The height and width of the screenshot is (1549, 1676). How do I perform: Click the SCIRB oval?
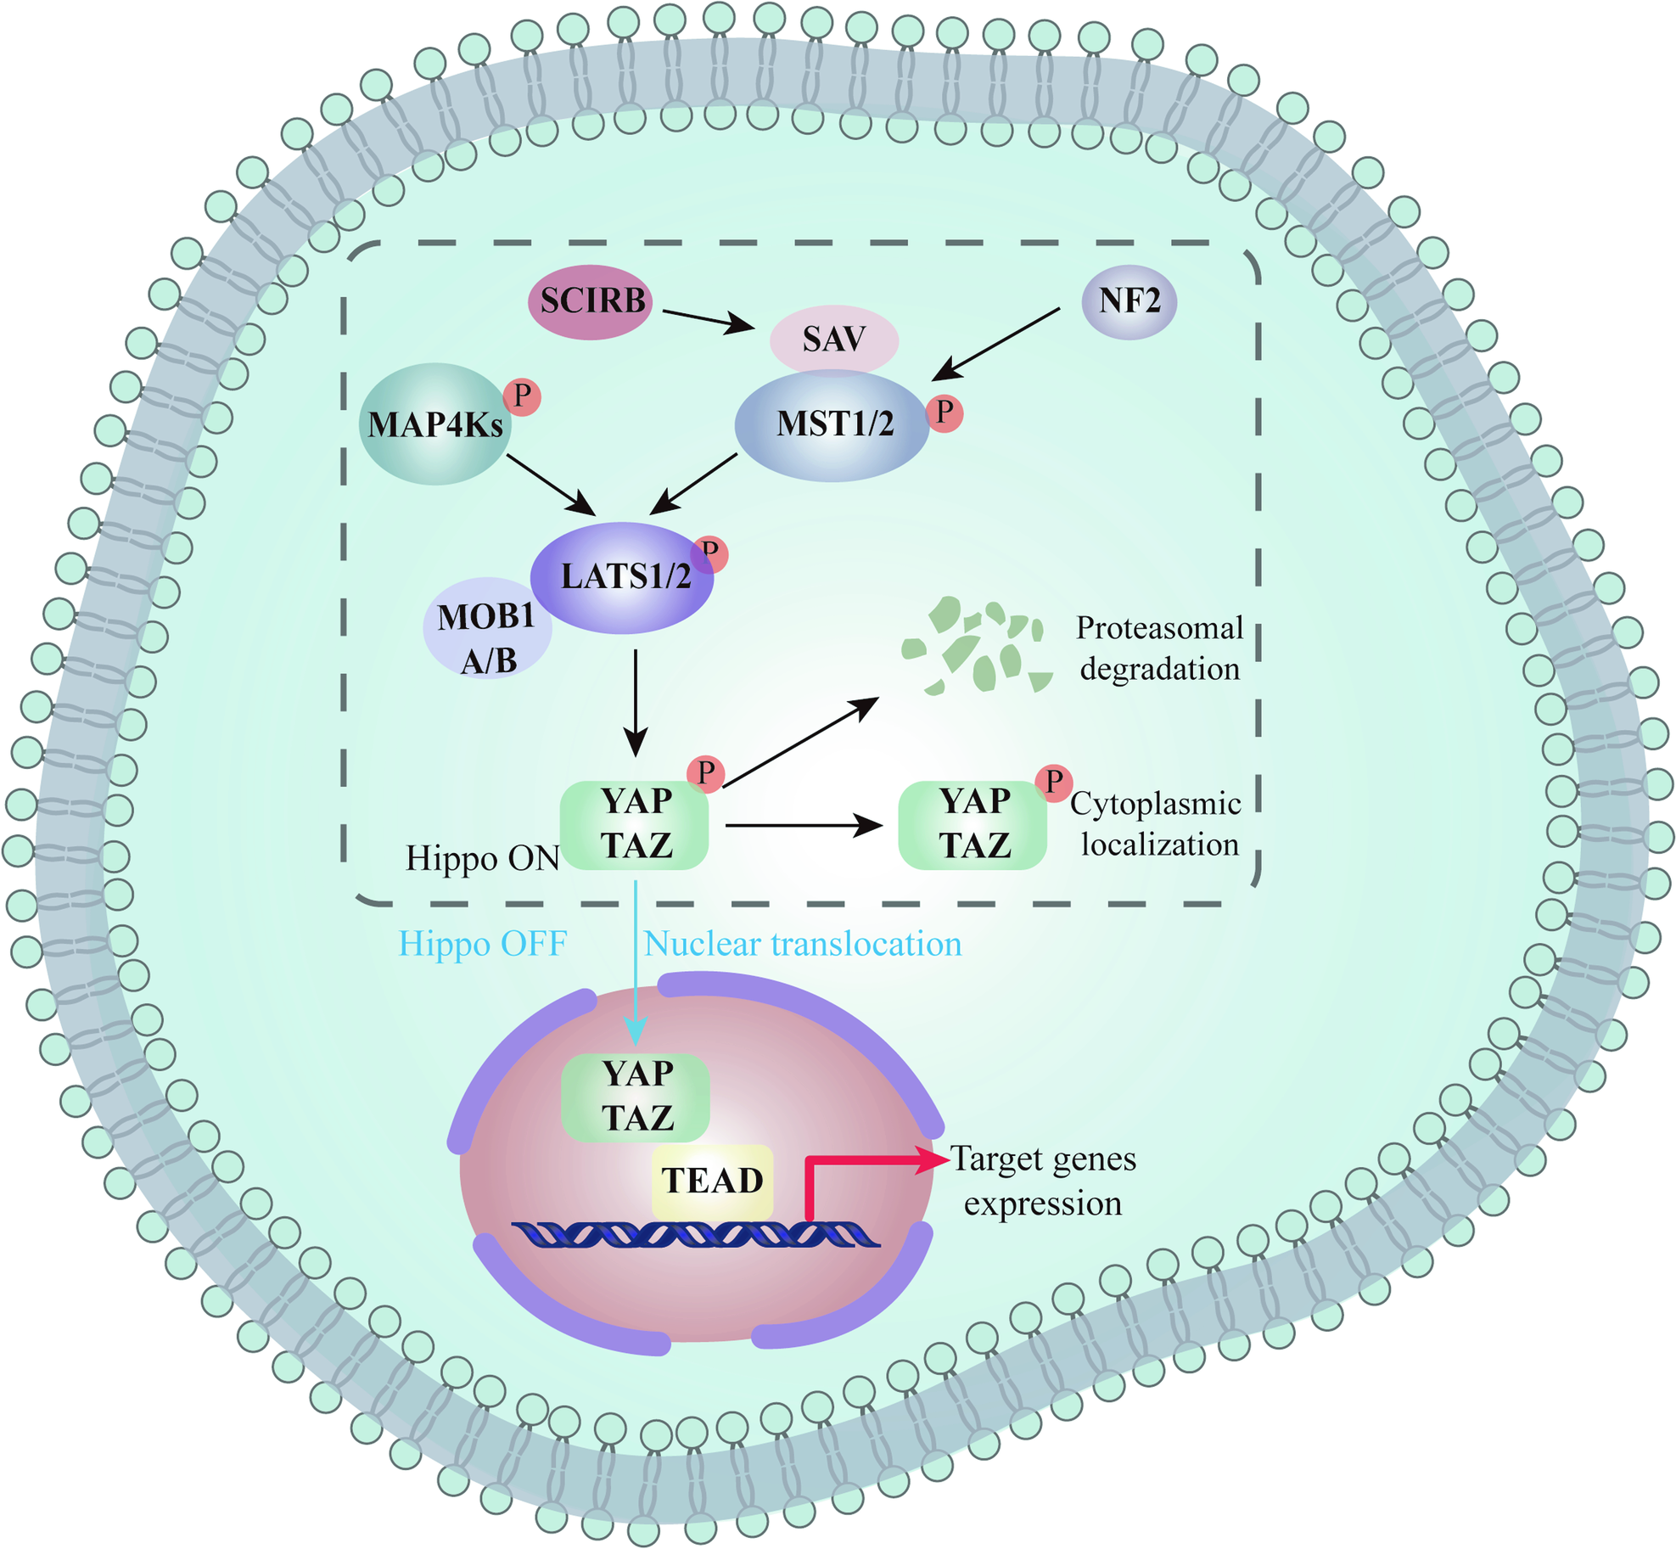[590, 301]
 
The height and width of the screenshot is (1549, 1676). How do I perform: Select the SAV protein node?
[833, 340]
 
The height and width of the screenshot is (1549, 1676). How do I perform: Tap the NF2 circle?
[1129, 300]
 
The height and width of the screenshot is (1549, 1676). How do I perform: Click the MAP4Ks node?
[435, 424]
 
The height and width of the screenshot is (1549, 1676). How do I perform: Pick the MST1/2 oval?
[832, 425]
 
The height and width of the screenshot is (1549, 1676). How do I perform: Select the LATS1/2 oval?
[622, 578]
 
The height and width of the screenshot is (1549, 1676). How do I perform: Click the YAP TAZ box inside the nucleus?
[636, 1097]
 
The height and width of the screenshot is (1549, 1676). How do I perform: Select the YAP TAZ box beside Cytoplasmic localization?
[973, 824]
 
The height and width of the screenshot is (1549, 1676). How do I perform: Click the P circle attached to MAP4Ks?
[522, 396]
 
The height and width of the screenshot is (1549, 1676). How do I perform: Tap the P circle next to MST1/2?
[945, 413]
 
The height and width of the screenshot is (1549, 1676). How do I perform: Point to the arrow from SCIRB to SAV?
[709, 320]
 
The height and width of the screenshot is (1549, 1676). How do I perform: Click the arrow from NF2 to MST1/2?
[995, 344]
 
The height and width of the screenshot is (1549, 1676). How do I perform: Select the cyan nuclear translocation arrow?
[636, 963]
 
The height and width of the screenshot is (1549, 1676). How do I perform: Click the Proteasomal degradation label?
[1159, 648]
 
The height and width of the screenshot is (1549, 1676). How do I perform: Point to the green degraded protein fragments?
[977, 645]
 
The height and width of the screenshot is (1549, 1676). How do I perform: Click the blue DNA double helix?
[696, 1234]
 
